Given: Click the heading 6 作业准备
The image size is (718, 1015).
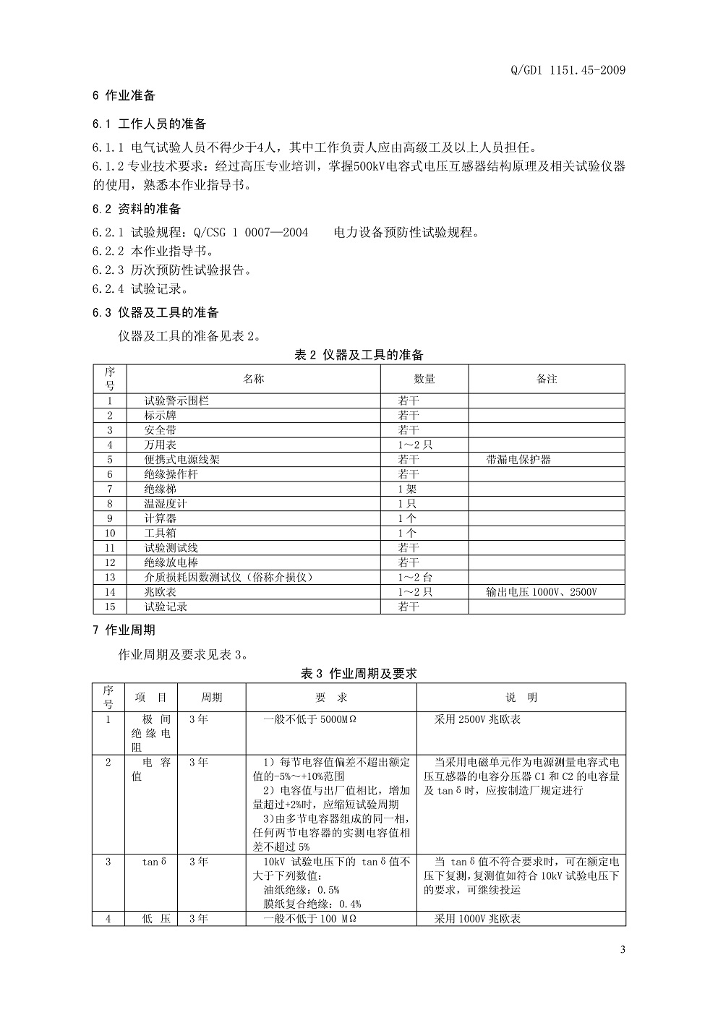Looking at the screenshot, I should pyautogui.click(x=124, y=95).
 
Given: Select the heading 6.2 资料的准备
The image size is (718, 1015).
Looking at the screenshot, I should pyautogui.click(x=137, y=210).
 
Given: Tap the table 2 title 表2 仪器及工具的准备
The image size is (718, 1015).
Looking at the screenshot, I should pyautogui.click(x=359, y=355).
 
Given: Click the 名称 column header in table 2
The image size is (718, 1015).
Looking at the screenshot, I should pyautogui.click(x=254, y=379).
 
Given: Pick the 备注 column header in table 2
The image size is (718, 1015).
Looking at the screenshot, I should pyautogui.click(x=547, y=379).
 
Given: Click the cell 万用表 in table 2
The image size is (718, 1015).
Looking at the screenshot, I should pyautogui.click(x=161, y=445).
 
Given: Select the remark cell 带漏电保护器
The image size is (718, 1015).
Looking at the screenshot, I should pyautogui.click(x=519, y=460).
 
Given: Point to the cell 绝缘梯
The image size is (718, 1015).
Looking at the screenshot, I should pyautogui.click(x=161, y=489).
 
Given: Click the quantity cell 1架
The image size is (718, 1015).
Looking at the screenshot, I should pyautogui.click(x=407, y=489).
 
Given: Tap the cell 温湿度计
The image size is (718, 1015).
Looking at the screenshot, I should pyautogui.click(x=166, y=503).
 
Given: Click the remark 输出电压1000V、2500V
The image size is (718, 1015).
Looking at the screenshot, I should pyautogui.click(x=542, y=592).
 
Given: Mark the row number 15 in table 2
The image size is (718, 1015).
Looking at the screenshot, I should pyautogui.click(x=110, y=607).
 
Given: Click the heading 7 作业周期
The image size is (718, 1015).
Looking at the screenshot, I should pyautogui.click(x=124, y=630).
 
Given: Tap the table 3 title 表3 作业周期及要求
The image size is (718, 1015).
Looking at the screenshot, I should pyautogui.click(x=359, y=673).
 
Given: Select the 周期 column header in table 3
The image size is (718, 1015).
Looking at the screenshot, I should pyautogui.click(x=211, y=698).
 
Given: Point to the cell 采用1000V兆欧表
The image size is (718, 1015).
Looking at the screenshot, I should pyautogui.click(x=477, y=919).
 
